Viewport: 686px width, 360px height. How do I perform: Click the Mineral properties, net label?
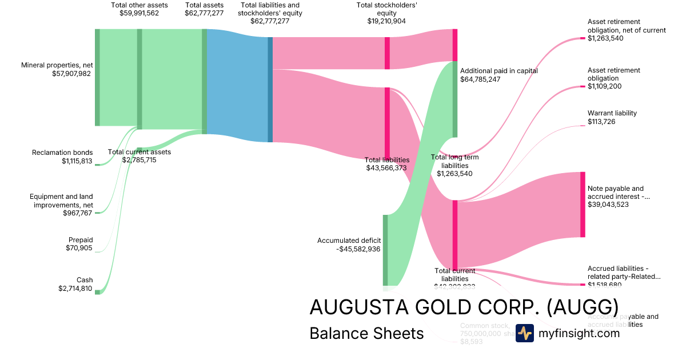pyautogui.click(x=57, y=65)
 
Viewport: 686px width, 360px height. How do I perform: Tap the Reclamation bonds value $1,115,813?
pyautogui.click(x=77, y=161)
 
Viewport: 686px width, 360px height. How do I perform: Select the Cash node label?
pyautogui.click(x=85, y=280)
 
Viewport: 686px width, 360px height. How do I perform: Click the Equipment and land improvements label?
pyautogui.click(x=61, y=201)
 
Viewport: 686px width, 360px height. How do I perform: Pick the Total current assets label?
pyautogui.click(x=139, y=152)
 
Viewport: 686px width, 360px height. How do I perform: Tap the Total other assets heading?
pyautogui.click(x=139, y=5)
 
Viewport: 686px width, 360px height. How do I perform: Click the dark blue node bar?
pyautogui.click(x=270, y=90)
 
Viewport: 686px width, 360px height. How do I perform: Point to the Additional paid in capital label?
pyautogui.click(x=498, y=71)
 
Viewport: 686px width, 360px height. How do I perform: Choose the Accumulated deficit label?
pyautogui.click(x=349, y=241)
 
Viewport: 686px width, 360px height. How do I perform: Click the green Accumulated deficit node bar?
pyautogui.click(x=385, y=250)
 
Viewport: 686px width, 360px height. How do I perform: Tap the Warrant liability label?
pyautogui.click(x=612, y=113)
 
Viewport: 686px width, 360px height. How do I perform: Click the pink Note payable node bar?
pyautogui.click(x=583, y=204)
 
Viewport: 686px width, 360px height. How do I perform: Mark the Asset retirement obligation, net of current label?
pyautogui.click(x=627, y=26)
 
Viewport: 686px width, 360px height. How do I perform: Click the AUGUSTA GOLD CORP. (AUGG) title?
pyautogui.click(x=464, y=307)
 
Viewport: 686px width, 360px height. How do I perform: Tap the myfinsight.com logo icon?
pyautogui.click(x=524, y=333)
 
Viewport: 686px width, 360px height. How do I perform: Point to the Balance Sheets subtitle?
pyautogui.click(x=366, y=333)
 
